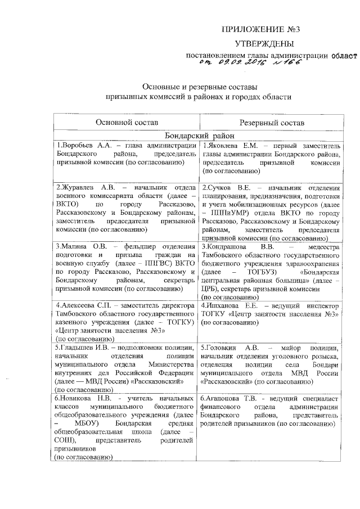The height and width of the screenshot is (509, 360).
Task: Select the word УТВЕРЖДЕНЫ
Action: click(264, 43)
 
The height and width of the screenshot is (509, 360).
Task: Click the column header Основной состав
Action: click(127, 122)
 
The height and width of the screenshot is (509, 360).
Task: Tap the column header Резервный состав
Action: click(271, 122)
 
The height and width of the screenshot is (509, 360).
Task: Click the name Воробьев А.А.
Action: click(81, 145)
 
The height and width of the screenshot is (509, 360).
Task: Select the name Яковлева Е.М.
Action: click(227, 145)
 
